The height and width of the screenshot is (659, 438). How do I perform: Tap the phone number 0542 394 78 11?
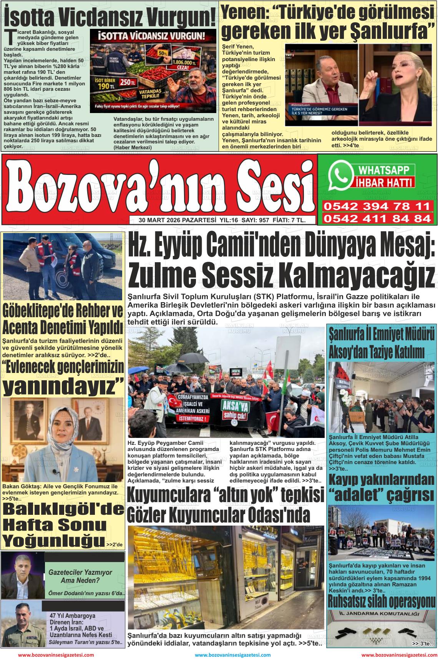coord(377,206)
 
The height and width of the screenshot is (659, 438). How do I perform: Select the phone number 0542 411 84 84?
coord(377,219)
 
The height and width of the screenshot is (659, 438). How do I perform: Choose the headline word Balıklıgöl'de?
coord(64,509)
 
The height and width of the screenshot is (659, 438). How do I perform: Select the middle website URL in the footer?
coord(233,655)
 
